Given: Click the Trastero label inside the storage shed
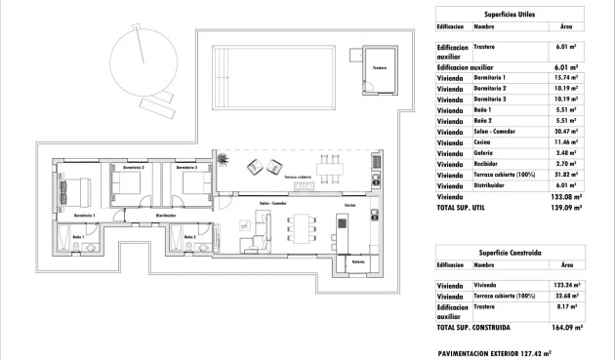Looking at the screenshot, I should click(380, 68).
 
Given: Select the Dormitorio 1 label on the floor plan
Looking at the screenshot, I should click(84, 214).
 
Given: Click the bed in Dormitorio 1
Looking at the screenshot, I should click(83, 186).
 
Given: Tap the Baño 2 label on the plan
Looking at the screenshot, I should click(189, 237).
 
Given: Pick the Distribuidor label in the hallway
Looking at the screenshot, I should click(166, 214).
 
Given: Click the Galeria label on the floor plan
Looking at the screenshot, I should click(358, 261).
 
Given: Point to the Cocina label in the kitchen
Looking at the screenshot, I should click(349, 206).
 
